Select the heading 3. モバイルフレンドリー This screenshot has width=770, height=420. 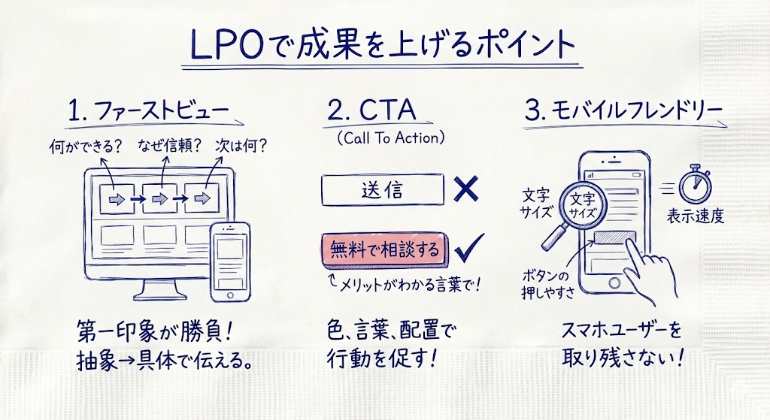pyautogui.click(x=624, y=111)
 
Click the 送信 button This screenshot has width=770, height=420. pyautogui.click(x=382, y=189)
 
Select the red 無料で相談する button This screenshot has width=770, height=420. pyautogui.click(x=382, y=249)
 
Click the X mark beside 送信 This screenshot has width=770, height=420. pyautogui.click(x=467, y=189)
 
